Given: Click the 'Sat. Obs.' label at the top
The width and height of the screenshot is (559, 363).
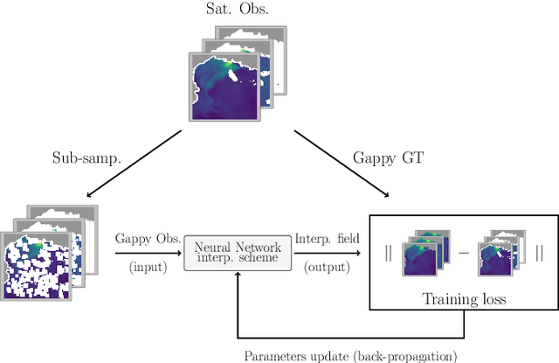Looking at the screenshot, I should [238, 10].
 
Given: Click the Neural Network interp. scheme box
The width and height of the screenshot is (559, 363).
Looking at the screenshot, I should [237, 252].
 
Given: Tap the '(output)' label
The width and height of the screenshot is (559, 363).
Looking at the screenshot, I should [325, 267].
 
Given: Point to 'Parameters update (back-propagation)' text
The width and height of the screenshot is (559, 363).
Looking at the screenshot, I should [349, 354].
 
